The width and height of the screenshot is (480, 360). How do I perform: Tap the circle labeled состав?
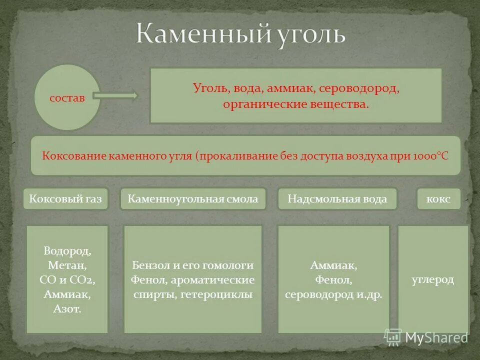tap(67, 97)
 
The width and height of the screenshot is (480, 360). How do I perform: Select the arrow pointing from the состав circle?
tap(114, 95)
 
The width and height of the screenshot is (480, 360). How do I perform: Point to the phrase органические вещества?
tap(296, 104)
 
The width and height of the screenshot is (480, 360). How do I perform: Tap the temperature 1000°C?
tap(431, 155)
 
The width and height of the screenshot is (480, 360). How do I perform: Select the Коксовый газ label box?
tap(65, 199)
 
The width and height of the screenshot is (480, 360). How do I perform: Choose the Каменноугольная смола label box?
tap(193, 199)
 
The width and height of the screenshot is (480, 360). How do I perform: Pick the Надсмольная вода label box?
tap(337, 199)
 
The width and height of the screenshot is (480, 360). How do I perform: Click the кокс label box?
tap(438, 199)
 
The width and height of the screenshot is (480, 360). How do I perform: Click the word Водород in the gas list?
tap(67, 250)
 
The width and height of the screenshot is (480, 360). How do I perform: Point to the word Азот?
tap(67, 309)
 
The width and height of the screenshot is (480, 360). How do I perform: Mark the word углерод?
tap(433, 279)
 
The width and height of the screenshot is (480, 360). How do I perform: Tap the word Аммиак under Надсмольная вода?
tap(333, 265)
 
